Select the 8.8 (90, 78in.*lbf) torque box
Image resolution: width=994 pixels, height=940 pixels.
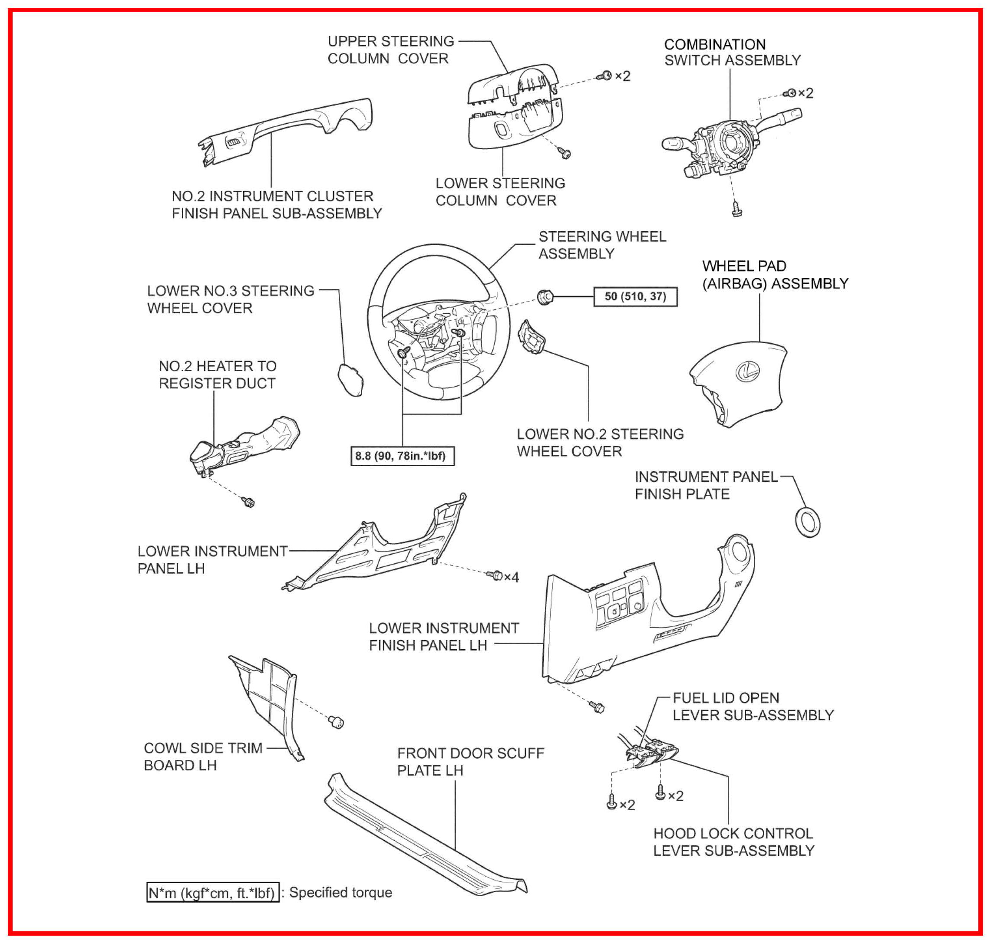click(x=402, y=456)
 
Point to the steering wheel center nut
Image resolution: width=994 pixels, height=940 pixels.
click(x=545, y=297)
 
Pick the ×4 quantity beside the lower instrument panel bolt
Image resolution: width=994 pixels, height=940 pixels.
click(x=511, y=577)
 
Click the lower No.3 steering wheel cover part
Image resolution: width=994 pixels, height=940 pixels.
click(x=351, y=380)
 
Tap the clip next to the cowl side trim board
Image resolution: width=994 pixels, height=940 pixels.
click(x=337, y=722)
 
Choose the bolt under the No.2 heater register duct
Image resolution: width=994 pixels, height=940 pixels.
click(x=248, y=502)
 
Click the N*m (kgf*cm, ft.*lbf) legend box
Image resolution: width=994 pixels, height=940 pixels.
click(x=212, y=892)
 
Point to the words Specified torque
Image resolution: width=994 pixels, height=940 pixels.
click(x=340, y=892)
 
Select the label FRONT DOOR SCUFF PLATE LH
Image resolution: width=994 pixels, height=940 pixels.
click(x=470, y=762)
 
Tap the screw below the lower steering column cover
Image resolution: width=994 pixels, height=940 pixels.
click(x=565, y=153)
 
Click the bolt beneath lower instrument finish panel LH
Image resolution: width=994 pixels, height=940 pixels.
click(x=598, y=707)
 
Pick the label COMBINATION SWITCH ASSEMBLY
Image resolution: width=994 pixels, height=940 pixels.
click(x=732, y=52)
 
